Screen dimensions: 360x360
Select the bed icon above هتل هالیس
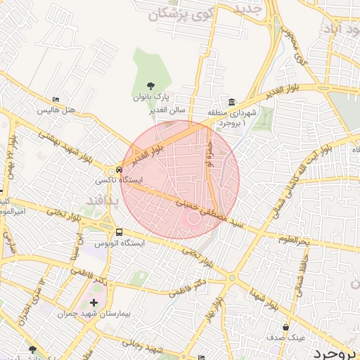pyautogui.click(x=56, y=100)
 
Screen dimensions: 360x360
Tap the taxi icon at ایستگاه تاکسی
pyautogui.click(x=119, y=169)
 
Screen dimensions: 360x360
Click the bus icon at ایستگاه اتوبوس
pyautogui.click(x=119, y=231)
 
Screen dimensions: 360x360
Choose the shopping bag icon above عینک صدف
pyautogui.click(x=285, y=327)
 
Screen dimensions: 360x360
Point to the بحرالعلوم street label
pyautogui.click(x=293, y=242)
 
